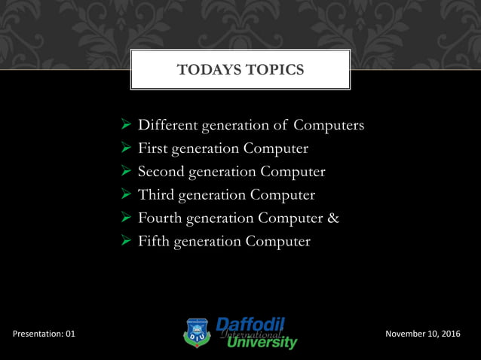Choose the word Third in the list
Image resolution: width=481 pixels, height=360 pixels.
155,195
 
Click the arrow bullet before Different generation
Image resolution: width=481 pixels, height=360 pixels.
127,125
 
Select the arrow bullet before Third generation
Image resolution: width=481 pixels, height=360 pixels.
127,195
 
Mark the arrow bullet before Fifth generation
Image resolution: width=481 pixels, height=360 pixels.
127,242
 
